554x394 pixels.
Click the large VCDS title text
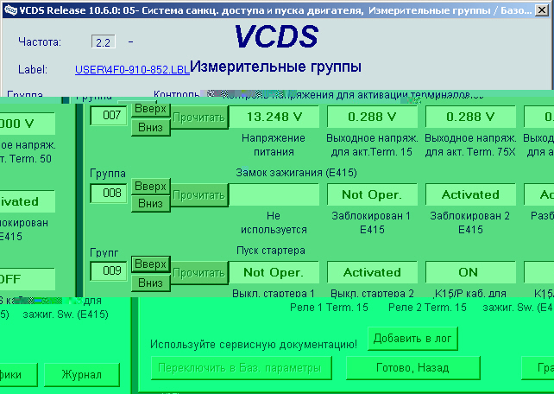(275, 36)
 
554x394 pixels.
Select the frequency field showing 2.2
(102, 41)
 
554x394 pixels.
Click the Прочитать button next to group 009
(198, 272)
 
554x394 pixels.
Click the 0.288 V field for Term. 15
(372, 117)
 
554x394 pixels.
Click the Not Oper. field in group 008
(372, 194)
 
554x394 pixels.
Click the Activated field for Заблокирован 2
(470, 194)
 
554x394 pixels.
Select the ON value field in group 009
(470, 272)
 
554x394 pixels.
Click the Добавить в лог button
(412, 338)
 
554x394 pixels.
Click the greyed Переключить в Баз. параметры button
(240, 368)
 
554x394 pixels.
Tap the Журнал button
(82, 375)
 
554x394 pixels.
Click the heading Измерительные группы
(275, 67)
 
